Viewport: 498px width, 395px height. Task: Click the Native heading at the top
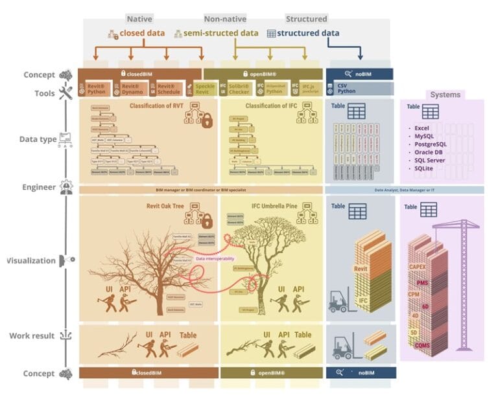[139, 19]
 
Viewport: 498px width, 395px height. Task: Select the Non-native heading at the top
[225, 19]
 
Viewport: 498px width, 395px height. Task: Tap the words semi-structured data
[220, 33]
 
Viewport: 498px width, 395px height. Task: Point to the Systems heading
[445, 95]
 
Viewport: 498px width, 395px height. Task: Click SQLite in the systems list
[425, 168]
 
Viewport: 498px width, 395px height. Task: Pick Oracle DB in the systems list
[429, 152]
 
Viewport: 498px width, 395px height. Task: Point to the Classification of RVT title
[156, 106]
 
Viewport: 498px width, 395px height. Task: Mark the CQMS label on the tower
[423, 346]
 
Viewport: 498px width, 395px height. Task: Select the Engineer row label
[40, 188]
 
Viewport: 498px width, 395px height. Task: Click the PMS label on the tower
[422, 283]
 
